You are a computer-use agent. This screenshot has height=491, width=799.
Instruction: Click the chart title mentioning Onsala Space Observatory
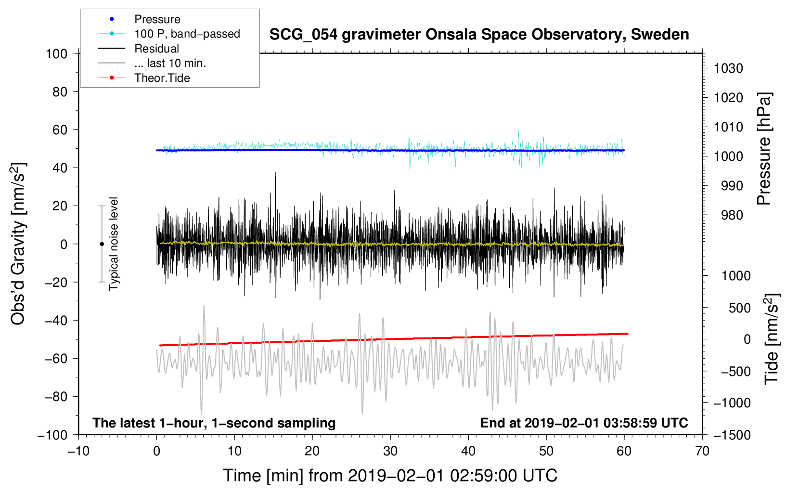[479, 35]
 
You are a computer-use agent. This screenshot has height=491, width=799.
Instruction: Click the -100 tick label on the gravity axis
[52, 435]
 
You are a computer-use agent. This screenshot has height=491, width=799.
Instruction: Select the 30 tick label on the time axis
[390, 452]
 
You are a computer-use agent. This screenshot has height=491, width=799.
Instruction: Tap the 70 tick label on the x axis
[702, 452]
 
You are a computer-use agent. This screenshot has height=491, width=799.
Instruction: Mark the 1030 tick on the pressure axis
[728, 68]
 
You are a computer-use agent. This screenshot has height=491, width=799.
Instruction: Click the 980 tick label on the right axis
[732, 215]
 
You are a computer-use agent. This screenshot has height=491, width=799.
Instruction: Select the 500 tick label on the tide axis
[740, 308]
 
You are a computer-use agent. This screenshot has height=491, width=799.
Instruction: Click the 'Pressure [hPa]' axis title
[764, 149]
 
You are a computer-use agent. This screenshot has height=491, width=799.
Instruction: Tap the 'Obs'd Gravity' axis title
[18, 244]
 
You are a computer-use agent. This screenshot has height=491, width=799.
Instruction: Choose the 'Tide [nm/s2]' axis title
[772, 339]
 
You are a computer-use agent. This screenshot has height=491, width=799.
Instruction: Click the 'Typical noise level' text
[114, 244]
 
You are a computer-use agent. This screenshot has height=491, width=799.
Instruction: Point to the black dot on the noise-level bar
[102, 244]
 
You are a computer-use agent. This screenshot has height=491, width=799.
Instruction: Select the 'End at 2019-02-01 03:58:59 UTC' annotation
[584, 423]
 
